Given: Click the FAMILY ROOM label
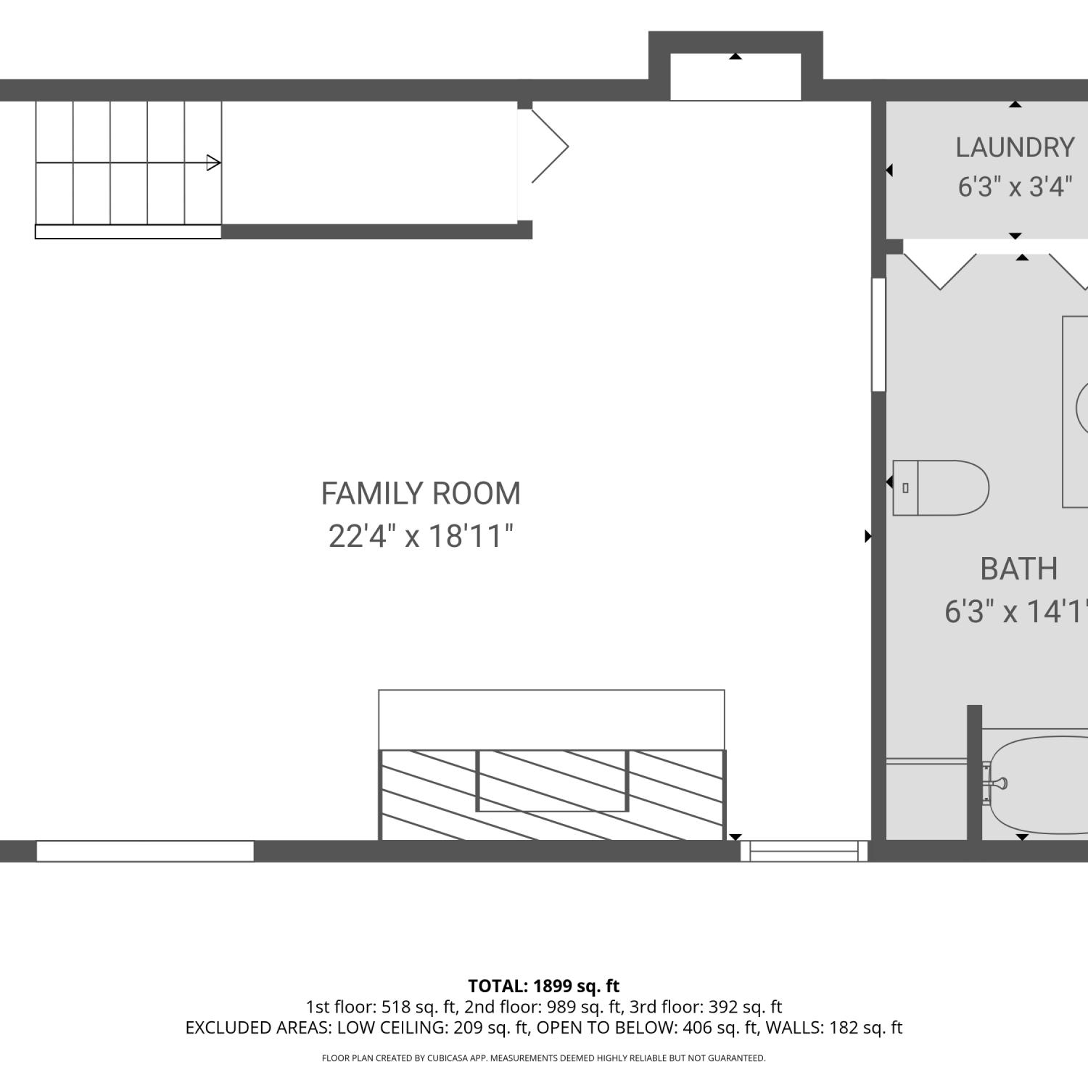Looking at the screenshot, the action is point(421,494).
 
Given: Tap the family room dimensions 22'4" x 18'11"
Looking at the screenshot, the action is point(421,537).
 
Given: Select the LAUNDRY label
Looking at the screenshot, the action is point(1015,147).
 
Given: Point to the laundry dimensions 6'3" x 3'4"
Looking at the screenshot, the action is point(1015,186).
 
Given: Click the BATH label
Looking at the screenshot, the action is point(1018,569).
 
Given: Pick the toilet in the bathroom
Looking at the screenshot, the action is point(941,487).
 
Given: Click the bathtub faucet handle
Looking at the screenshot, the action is point(999,783).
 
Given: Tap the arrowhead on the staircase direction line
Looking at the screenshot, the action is point(214,162).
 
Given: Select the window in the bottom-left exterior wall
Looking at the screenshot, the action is point(145,851).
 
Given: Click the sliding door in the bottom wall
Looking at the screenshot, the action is point(804,851).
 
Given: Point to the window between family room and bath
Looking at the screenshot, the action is point(878,334).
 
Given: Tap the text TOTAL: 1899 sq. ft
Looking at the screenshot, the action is point(544,986).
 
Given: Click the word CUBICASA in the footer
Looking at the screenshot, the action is point(446,1058).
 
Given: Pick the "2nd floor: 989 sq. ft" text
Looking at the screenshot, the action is point(543,1007).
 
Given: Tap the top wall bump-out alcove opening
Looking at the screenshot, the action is point(735,76).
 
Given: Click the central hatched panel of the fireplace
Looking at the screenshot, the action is point(552,780).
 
